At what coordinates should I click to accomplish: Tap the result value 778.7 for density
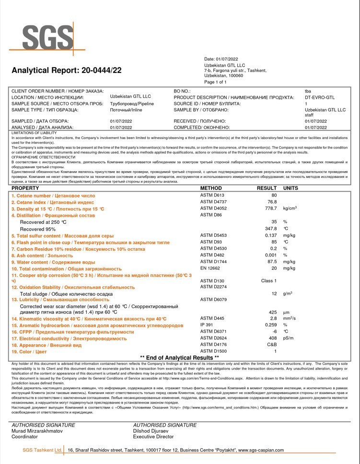[x=271, y=209]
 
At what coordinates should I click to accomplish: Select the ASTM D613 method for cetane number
[x=212, y=195]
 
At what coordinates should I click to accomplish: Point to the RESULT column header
[x=267, y=188]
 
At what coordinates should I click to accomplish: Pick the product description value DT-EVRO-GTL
[x=320, y=97]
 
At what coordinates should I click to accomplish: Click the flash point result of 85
[x=274, y=242]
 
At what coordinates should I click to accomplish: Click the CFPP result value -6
[x=275, y=332]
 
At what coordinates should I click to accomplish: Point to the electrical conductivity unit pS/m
[x=289, y=338]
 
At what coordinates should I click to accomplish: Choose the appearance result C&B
[x=272, y=345]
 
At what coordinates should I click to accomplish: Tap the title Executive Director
[x=153, y=437]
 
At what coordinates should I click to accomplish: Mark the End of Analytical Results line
[x=179, y=358]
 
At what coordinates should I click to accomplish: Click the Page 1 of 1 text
[x=215, y=82]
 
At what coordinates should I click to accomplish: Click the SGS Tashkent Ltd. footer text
[x=43, y=450]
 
